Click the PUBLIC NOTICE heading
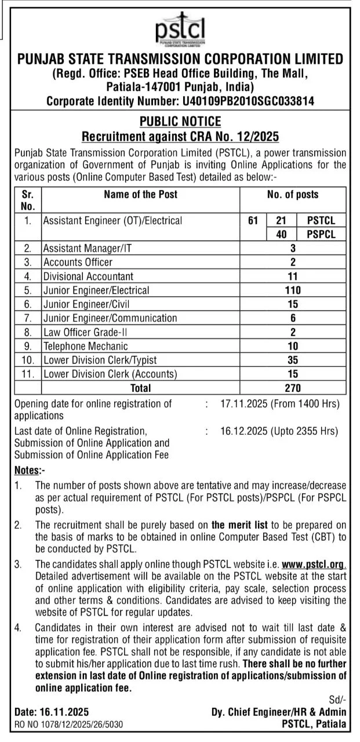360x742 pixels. click(x=180, y=122)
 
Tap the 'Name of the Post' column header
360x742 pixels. click(x=140, y=195)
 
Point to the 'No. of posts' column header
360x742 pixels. click(x=293, y=195)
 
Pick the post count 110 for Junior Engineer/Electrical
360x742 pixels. click(x=293, y=290)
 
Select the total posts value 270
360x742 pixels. click(x=293, y=388)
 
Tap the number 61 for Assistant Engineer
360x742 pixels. click(x=253, y=220)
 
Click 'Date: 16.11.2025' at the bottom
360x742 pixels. click(x=52, y=712)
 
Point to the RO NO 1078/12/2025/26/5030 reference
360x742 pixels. click(x=68, y=724)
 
